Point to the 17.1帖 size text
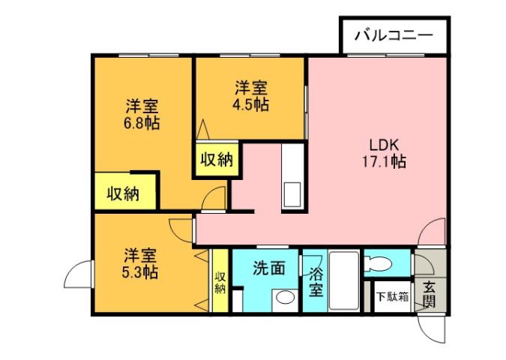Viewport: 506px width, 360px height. click(x=386, y=161)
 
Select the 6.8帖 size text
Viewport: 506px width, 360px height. click(x=141, y=123)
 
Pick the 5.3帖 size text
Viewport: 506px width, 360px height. click(x=140, y=271)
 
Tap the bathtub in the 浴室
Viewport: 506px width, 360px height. click(x=344, y=280)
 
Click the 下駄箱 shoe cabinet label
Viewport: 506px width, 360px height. click(x=391, y=296)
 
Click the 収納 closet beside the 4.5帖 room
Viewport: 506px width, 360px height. click(x=215, y=159)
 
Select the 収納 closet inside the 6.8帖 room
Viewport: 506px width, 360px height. click(x=123, y=193)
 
